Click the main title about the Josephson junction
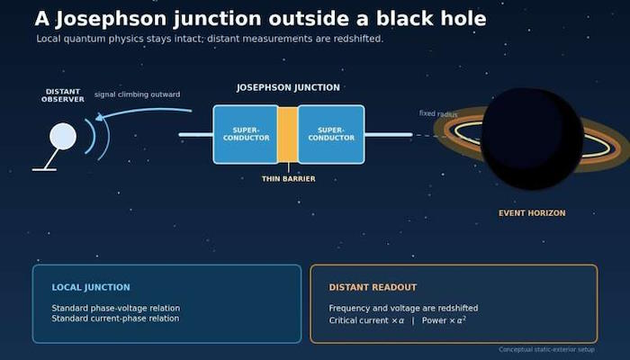(x=260, y=19)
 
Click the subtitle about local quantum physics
(x=210, y=39)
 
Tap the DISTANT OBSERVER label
(x=63, y=95)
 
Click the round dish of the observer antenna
(x=63, y=136)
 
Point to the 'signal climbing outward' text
(x=138, y=94)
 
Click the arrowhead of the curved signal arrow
(x=99, y=117)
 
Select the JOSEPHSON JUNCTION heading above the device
(x=288, y=87)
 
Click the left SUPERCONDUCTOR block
(x=246, y=134)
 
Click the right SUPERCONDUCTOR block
(x=331, y=134)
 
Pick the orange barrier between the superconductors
(x=288, y=135)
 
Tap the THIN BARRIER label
(x=289, y=179)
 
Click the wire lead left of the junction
(x=196, y=135)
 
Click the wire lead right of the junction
(x=389, y=135)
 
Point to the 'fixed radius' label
(x=438, y=113)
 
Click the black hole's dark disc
(x=532, y=139)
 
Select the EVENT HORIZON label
(x=532, y=213)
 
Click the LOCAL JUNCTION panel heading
(x=91, y=287)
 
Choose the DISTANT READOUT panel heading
(x=373, y=287)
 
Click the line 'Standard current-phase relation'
(x=115, y=319)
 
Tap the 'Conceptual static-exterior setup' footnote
(x=546, y=349)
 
